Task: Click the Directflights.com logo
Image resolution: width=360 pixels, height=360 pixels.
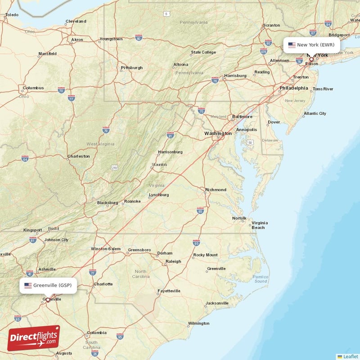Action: [x=34, y=338]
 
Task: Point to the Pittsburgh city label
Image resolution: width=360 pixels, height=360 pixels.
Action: [x=131, y=68]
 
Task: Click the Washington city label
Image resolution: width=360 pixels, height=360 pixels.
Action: [x=218, y=133]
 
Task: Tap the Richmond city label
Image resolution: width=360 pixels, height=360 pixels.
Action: [x=216, y=190]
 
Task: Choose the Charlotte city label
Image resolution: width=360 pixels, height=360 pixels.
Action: [x=103, y=284]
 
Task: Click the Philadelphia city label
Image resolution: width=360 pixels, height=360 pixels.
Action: [x=293, y=88]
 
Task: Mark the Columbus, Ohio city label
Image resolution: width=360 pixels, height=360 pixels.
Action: [x=34, y=88]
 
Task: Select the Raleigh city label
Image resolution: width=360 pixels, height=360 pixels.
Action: [x=173, y=261]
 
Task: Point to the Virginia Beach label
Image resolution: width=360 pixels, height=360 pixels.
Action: [x=259, y=225]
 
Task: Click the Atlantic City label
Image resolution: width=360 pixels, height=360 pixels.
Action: [x=315, y=114]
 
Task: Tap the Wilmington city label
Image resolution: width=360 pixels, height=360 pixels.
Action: [x=198, y=324]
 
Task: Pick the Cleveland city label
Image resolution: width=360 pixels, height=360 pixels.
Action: [x=76, y=21]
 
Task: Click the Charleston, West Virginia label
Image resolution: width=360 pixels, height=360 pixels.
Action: [x=78, y=157]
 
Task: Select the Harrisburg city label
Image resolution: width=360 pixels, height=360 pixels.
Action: [x=235, y=76]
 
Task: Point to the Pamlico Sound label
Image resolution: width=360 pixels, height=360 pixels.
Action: [x=260, y=279]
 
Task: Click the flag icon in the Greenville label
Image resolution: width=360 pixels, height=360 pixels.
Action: [x=28, y=285]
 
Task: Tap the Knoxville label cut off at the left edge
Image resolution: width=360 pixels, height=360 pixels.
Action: [x=4, y=254]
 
